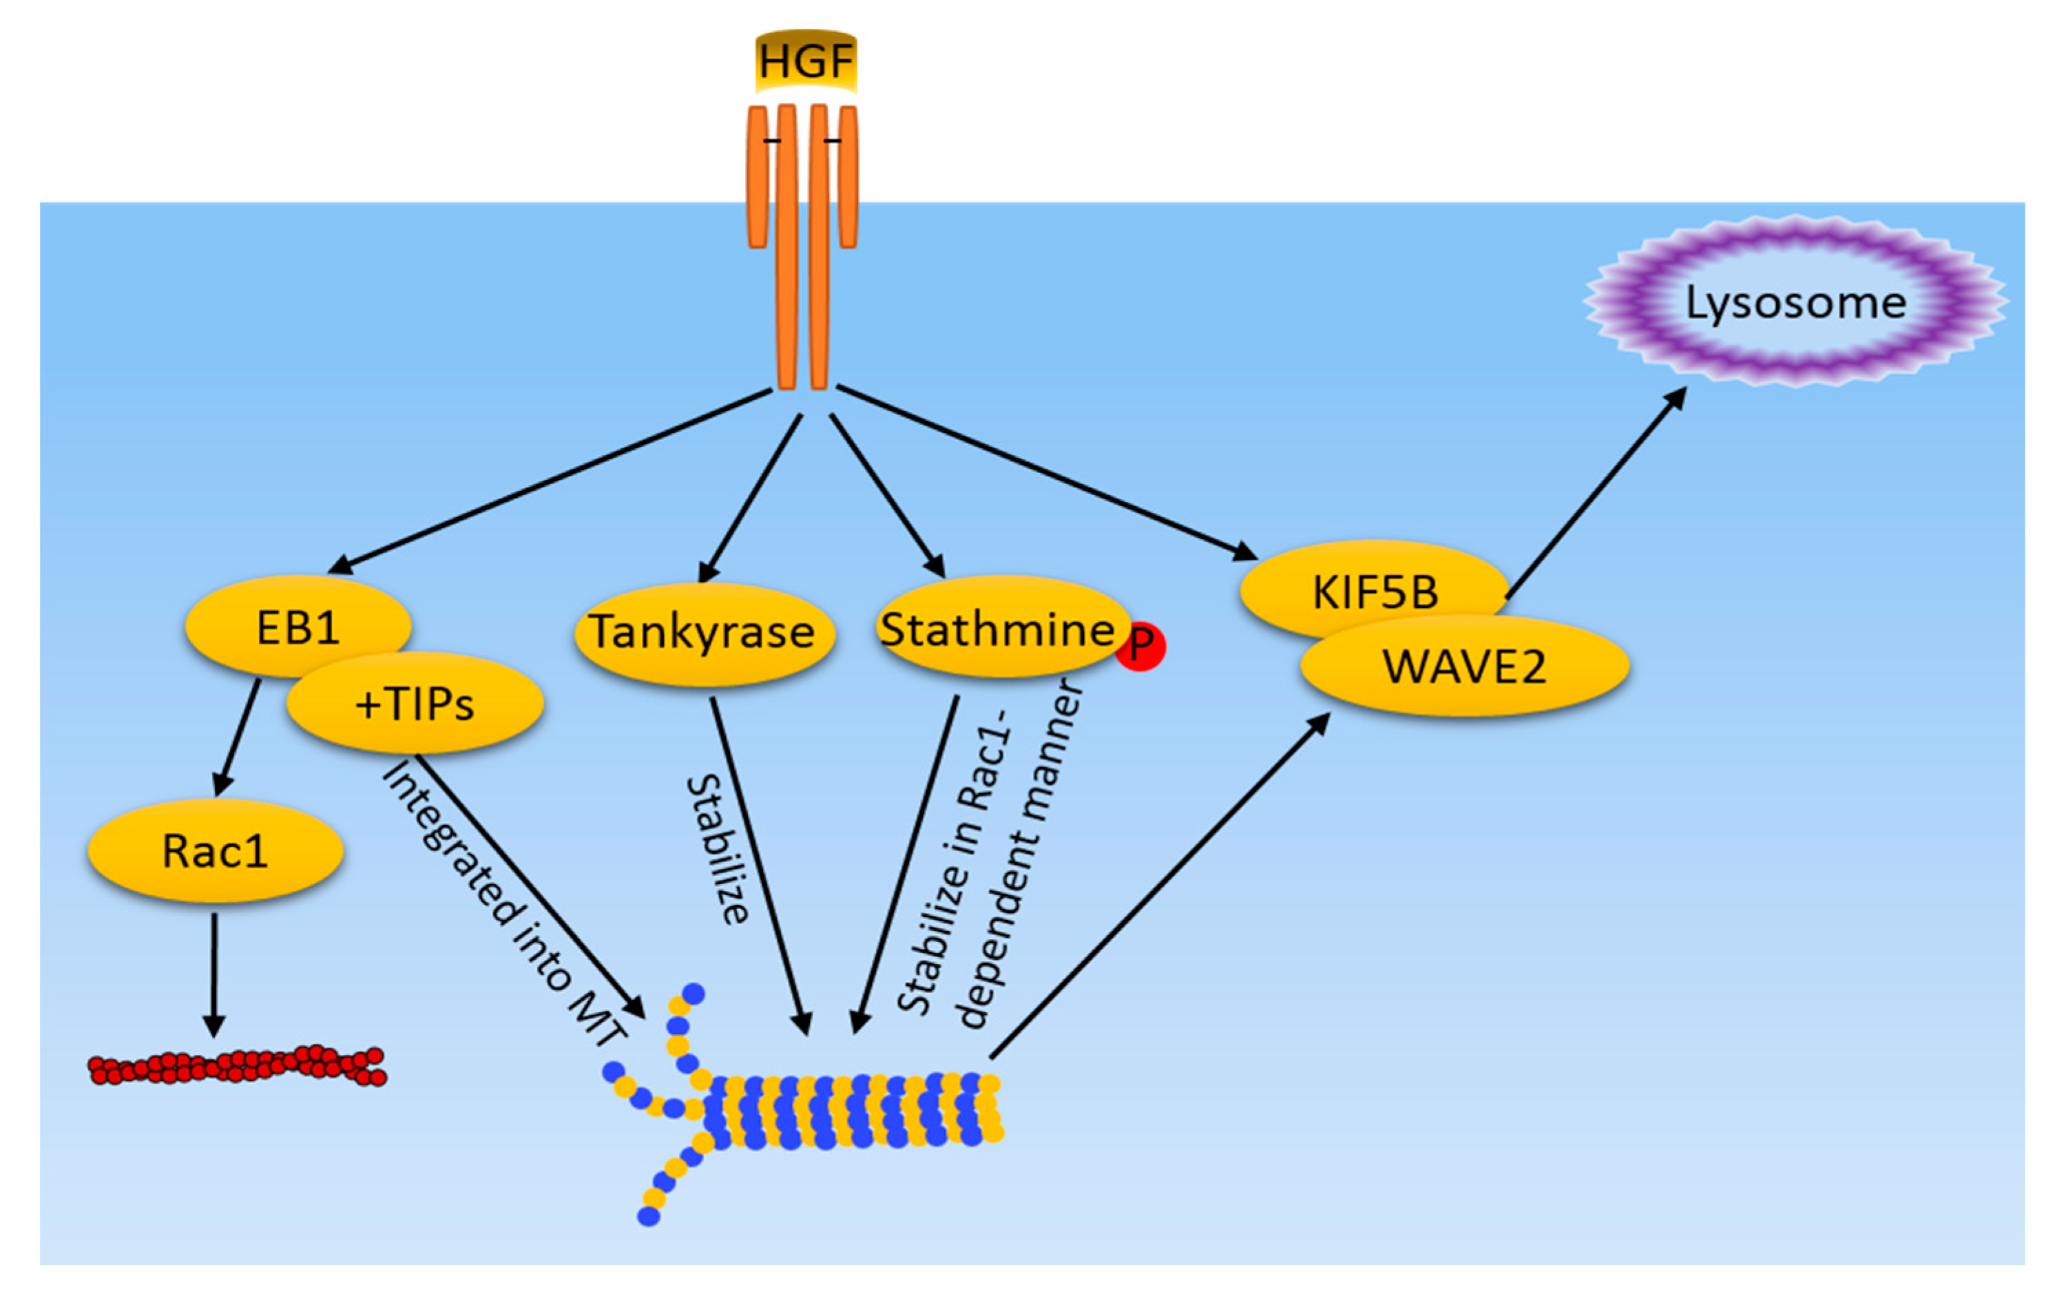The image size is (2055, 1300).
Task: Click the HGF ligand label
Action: pos(806,61)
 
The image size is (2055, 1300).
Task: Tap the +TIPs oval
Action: pos(415,703)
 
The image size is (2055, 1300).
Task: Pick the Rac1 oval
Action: pos(215,850)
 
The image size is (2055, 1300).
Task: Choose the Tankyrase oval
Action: pos(704,633)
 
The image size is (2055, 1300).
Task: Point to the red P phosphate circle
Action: pos(1141,646)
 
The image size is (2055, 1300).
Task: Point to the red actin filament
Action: pos(237,1065)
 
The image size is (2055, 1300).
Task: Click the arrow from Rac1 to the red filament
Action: pos(213,975)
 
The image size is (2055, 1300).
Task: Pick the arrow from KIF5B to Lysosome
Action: pos(1596,492)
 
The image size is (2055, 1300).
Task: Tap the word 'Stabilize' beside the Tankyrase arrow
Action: pos(718,850)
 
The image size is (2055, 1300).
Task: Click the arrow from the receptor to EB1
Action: pos(550,481)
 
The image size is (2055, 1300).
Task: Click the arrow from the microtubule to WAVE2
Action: pos(1160,885)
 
